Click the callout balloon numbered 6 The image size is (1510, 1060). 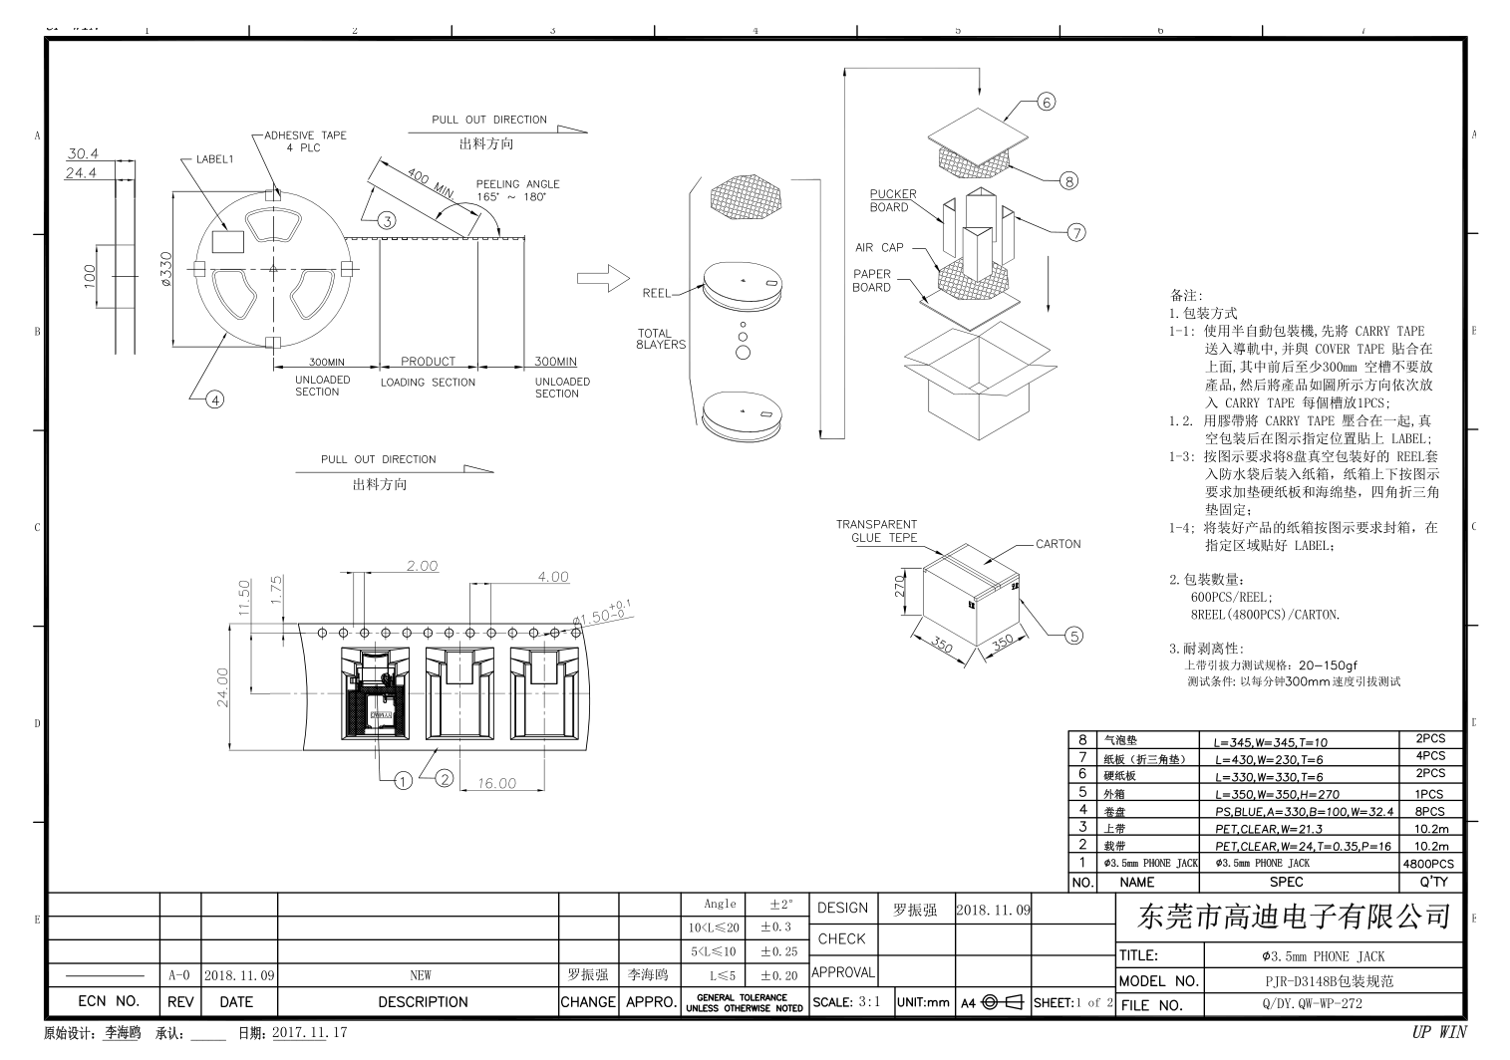tap(1045, 102)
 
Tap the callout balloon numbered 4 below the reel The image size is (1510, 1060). tap(214, 400)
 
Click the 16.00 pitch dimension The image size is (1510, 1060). tap(496, 784)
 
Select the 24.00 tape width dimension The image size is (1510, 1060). tap(223, 687)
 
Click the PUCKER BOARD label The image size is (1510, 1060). tap(892, 200)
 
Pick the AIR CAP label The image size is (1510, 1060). tap(878, 247)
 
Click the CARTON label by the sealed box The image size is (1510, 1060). tap(1057, 544)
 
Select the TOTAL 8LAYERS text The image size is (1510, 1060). tap(661, 339)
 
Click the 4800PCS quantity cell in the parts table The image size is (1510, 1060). tap(1427, 864)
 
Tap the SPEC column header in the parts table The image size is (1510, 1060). tap(1285, 882)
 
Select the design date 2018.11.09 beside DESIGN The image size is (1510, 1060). tap(993, 909)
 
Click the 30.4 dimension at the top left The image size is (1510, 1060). tap(82, 153)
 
